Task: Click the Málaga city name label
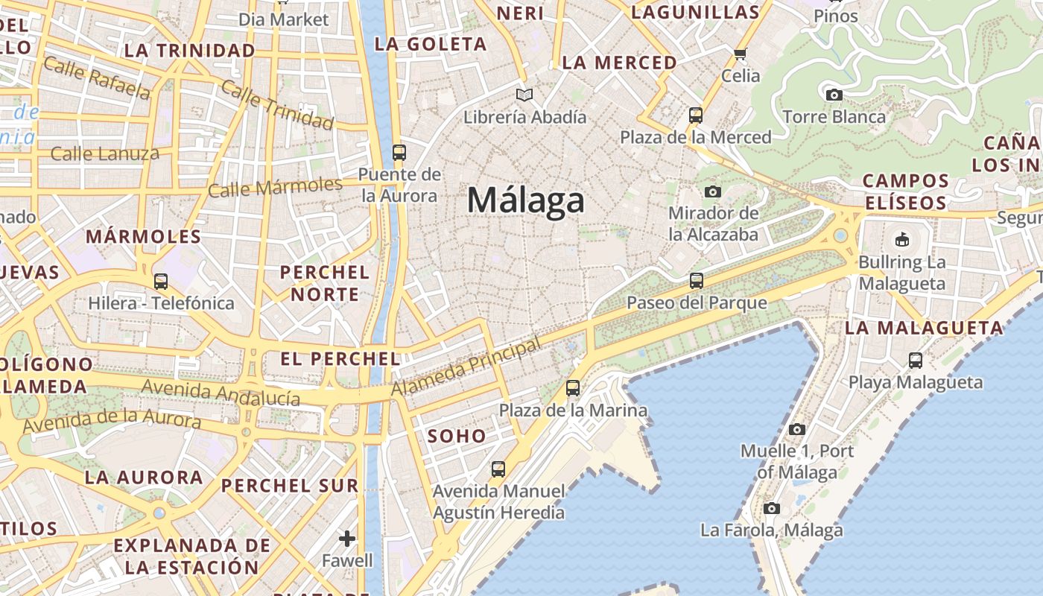click(526, 200)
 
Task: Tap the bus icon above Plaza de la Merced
click(695, 115)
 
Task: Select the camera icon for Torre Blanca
click(834, 95)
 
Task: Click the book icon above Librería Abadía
click(524, 95)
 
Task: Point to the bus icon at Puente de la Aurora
click(399, 153)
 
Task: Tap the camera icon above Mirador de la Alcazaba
click(713, 191)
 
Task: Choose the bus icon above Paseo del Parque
click(696, 281)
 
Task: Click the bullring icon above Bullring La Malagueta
click(901, 239)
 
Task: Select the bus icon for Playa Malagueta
click(916, 361)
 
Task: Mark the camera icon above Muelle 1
click(796, 429)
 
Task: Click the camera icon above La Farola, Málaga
click(772, 508)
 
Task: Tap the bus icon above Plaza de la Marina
click(573, 388)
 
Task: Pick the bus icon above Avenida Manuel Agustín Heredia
click(498, 469)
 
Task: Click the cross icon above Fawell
click(347, 538)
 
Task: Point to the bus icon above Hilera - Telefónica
click(161, 282)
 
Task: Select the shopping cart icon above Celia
click(740, 54)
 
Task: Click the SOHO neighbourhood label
click(457, 437)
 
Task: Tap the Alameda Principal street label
click(466, 367)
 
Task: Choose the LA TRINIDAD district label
click(190, 51)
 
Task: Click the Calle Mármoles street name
click(275, 187)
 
